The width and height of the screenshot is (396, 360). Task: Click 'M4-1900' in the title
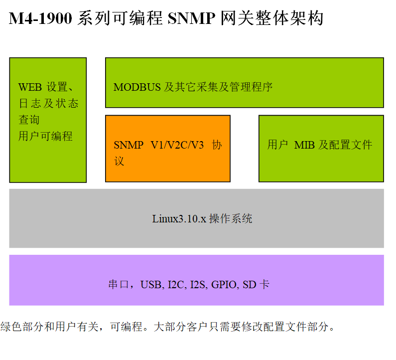41,19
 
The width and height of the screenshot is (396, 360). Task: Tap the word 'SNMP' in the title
192,19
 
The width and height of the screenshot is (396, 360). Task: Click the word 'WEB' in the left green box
30,87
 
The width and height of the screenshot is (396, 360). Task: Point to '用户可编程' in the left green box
45,136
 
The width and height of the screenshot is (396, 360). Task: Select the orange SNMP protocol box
168,149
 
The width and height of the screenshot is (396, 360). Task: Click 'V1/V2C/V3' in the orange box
177,146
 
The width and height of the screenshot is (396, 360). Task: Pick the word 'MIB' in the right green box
304,146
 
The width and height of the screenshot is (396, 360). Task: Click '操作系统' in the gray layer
231,219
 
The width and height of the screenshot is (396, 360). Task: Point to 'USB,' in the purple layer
152,285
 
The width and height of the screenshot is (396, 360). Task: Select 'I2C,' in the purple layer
177,285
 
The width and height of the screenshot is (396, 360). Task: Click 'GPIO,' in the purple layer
226,285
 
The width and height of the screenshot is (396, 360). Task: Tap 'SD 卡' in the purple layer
256,285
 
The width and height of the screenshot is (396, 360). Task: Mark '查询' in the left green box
29,120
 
